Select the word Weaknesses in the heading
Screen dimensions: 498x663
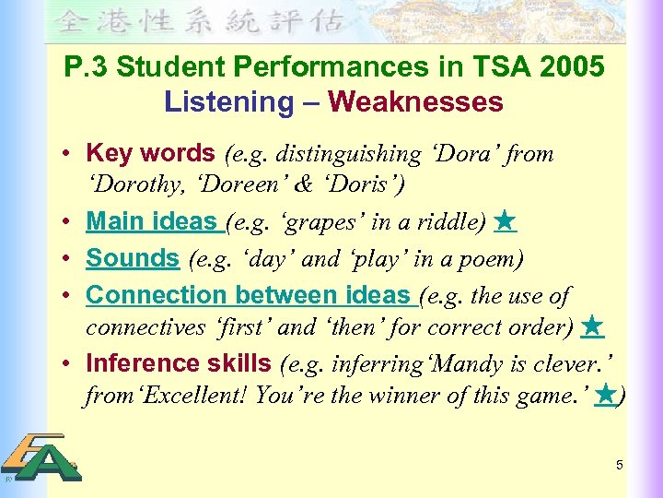(x=415, y=101)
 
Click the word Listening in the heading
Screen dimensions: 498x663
(x=227, y=101)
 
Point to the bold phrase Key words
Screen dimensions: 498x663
(x=150, y=153)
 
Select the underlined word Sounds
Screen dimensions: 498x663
(x=133, y=259)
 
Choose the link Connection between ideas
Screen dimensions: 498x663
(x=249, y=295)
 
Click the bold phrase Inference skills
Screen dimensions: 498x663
(x=178, y=363)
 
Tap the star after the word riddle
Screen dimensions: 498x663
(x=504, y=221)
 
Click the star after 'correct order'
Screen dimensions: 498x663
(x=593, y=326)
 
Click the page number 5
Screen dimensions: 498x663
(x=620, y=465)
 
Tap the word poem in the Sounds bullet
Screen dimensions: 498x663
(x=492, y=260)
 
